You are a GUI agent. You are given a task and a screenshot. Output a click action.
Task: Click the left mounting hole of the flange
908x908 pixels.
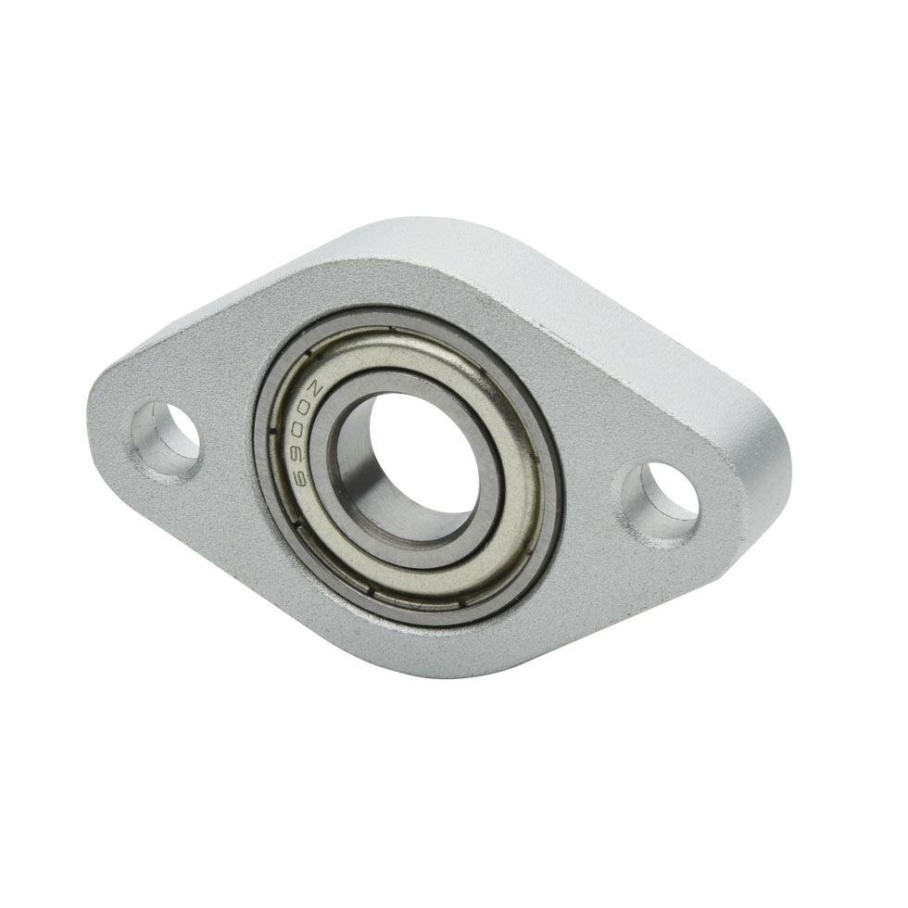[165, 436]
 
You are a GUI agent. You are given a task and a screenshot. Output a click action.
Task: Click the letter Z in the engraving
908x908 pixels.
[316, 388]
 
